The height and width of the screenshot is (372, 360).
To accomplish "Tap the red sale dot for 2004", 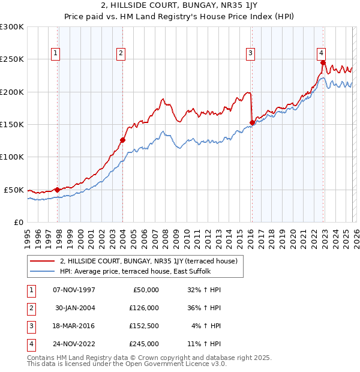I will coord(122,140).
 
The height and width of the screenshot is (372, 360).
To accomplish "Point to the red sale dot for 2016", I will coord(252,123).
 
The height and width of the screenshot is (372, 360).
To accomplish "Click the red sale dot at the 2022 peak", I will coord(323,62).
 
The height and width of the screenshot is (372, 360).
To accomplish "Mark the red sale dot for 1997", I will coord(58,190).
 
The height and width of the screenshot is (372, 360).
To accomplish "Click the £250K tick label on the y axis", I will coord(12,59).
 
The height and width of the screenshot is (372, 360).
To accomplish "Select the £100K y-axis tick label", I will coord(12,157).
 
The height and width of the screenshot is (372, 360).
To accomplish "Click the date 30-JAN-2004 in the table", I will coord(74,308).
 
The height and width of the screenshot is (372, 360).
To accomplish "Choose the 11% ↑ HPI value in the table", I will coord(204,344).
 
